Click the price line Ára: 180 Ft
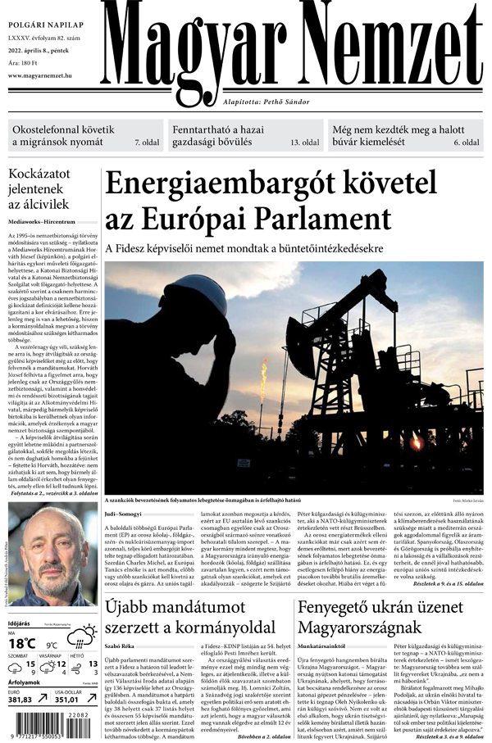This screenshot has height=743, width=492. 24,62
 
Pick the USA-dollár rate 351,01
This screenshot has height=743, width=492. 71,699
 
